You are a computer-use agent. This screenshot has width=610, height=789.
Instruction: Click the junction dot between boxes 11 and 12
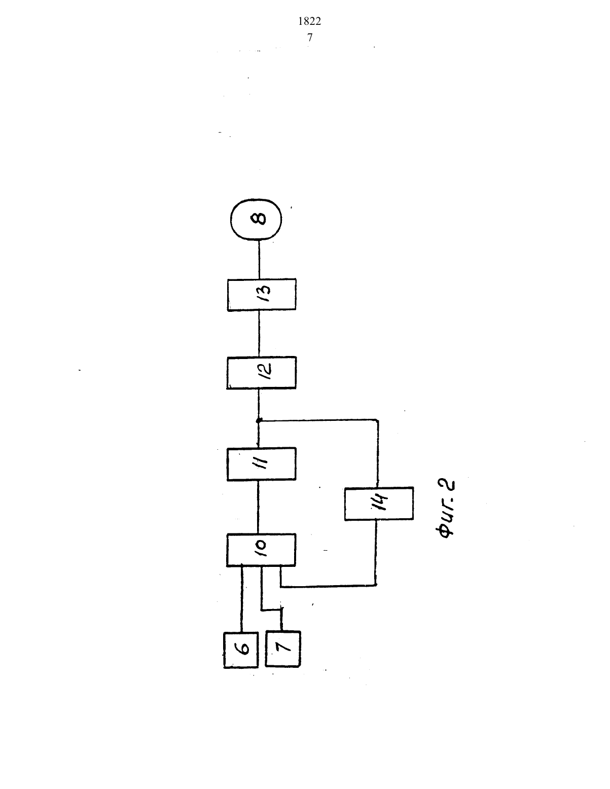259,420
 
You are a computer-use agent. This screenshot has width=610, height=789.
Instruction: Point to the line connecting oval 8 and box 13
259,259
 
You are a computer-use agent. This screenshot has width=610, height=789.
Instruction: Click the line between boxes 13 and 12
259,334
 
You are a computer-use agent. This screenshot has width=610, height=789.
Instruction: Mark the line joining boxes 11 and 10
258,507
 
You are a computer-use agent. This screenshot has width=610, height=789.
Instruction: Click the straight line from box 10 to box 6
241,599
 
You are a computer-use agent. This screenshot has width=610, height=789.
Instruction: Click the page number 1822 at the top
309,22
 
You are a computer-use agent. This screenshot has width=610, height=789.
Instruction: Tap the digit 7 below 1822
310,38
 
